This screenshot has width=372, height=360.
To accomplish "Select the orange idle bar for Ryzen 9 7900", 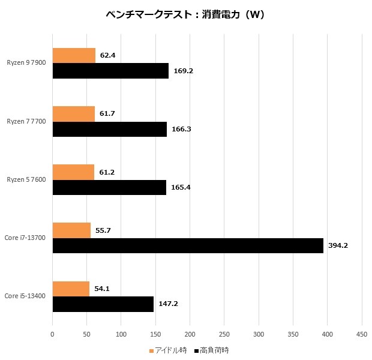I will click(74, 55).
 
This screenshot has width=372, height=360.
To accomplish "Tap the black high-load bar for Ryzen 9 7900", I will click(110, 71).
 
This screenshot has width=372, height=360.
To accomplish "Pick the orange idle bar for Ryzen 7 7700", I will click(74, 113).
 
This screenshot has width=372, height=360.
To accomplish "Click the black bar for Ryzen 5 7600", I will click(109, 187).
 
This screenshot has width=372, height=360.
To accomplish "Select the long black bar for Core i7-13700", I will click(188, 245).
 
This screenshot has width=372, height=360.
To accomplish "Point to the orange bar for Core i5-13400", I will click(71, 289).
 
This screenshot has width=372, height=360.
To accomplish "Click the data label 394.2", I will click(338, 245).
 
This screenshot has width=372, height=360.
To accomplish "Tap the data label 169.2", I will click(182, 71).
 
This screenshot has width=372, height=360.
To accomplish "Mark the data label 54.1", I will click(102, 289).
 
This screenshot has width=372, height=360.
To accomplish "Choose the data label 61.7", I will click(107, 113).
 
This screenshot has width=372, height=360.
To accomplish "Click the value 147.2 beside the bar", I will click(168, 304).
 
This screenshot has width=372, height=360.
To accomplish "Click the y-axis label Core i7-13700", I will click(25, 238).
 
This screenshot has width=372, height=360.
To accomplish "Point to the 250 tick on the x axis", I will click(224, 334).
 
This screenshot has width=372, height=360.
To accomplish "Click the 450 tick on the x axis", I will click(362, 334).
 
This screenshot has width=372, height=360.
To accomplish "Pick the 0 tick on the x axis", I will click(53, 334).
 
